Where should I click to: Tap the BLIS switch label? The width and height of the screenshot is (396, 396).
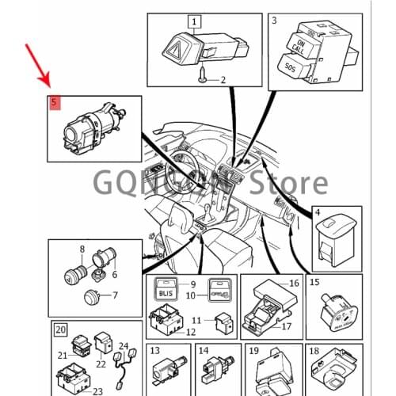tap(166, 294)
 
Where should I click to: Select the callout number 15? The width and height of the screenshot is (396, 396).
tap(314, 282)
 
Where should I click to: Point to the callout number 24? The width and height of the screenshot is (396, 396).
tap(124, 345)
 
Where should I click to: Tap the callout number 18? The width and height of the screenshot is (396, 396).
tap(314, 351)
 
